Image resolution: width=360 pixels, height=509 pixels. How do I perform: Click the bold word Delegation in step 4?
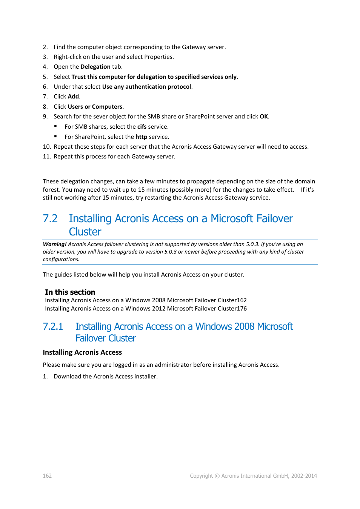tap(95, 67)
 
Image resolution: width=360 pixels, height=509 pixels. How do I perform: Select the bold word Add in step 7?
tap(73, 97)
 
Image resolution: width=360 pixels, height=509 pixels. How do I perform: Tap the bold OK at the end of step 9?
tap(264, 117)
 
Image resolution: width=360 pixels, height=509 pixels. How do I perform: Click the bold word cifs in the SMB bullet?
tap(142, 127)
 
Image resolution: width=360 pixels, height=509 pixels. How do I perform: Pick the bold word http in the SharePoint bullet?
tap(141, 137)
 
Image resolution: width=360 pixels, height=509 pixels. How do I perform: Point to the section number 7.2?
tap(50, 219)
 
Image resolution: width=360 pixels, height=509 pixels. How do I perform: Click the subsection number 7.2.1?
tap(53, 327)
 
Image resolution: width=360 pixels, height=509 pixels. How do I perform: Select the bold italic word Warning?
tap(55, 245)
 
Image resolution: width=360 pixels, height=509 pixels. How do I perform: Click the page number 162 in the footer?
tap(47, 476)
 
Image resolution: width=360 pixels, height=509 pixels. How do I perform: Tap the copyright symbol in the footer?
tap(217, 476)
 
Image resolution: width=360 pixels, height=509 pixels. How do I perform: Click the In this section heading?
tap(70, 292)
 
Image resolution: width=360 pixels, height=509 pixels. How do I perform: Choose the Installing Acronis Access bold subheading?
tap(82, 352)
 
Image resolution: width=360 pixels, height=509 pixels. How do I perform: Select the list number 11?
tap(46, 157)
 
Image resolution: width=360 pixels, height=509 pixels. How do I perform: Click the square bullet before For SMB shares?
tap(55, 126)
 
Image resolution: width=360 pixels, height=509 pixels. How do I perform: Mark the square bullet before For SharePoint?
tap(55, 136)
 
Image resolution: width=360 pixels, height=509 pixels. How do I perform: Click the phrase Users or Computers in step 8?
tap(95, 107)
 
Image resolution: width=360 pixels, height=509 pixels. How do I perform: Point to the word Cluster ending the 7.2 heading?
tap(85, 232)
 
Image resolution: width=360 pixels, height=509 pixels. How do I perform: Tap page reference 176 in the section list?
tap(242, 309)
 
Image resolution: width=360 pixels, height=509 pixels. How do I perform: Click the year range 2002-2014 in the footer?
tap(304, 476)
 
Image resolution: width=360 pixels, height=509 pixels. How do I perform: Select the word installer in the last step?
tap(146, 377)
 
